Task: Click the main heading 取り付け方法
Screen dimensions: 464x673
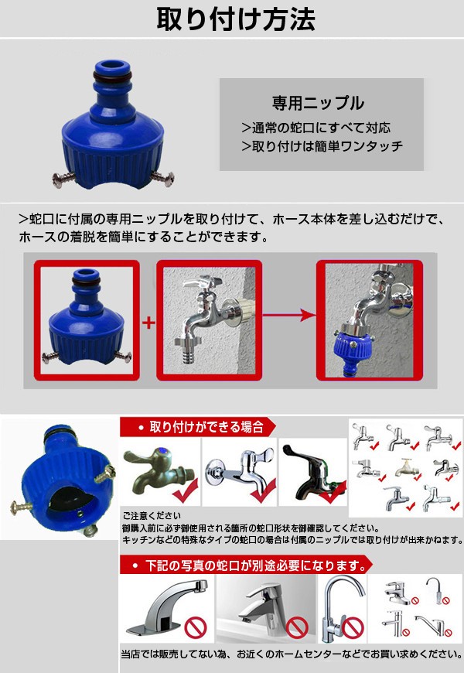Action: (236, 19)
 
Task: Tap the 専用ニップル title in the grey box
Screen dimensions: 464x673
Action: (318, 103)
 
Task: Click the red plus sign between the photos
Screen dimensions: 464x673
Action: (148, 323)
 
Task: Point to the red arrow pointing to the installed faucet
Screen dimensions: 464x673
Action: (289, 316)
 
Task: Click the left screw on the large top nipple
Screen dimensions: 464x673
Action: (63, 179)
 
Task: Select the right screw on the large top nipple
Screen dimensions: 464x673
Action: (163, 178)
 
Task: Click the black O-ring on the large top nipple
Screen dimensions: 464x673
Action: (112, 77)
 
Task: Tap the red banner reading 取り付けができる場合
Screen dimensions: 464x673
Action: (198, 427)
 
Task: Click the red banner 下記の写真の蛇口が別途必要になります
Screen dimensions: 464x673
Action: (246, 565)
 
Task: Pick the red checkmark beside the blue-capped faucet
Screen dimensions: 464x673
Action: (186, 490)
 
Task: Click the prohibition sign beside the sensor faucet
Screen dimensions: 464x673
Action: (196, 628)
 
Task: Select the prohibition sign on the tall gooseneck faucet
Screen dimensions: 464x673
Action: (353, 627)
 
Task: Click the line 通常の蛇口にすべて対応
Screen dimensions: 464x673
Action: (316, 128)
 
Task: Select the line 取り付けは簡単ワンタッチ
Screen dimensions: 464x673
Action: (322, 146)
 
